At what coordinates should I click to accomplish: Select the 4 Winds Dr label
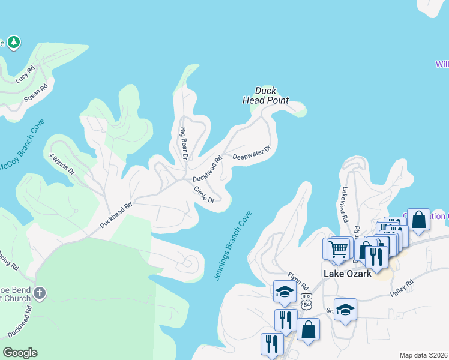point(62,163)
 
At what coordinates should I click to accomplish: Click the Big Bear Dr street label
point(184,142)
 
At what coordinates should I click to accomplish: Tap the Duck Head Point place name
point(265,95)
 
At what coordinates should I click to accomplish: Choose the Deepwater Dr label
point(252,153)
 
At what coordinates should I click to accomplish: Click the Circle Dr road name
point(204,194)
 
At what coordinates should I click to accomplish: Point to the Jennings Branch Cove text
point(233,245)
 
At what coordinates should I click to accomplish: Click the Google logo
point(20,353)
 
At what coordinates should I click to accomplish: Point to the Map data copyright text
point(423,355)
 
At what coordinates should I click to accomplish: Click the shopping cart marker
point(338,248)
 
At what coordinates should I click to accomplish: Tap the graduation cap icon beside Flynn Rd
point(285,291)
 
